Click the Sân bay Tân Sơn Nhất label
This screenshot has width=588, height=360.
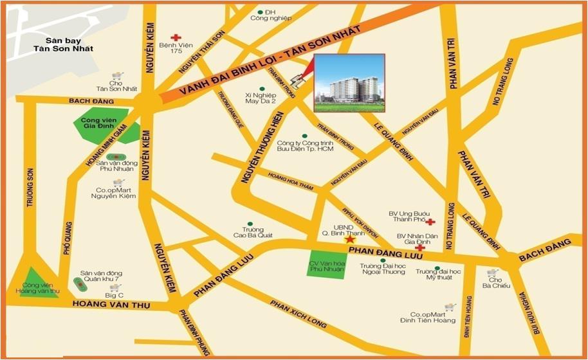64,44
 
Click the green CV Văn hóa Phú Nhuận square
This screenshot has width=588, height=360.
325,264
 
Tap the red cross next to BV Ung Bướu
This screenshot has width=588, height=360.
430,222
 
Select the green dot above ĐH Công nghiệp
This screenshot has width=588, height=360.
260,12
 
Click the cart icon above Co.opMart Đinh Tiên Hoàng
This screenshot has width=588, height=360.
450,307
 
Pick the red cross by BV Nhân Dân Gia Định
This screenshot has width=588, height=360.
419,248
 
